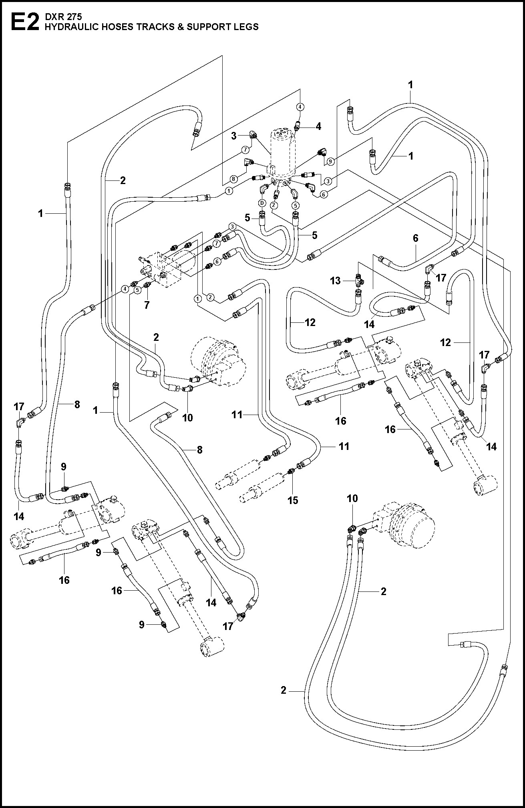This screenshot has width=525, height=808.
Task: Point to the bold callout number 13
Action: click(336, 281)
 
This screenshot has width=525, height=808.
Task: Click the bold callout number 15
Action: click(293, 500)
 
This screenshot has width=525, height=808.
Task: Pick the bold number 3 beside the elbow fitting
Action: click(234, 136)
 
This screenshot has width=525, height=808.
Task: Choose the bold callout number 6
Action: click(416, 238)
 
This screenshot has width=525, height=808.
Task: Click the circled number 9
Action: click(330, 162)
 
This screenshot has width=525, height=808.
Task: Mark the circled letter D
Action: click(261, 203)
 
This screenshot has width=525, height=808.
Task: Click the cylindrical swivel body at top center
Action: click(283, 154)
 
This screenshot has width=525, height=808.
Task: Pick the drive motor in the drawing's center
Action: click(218, 362)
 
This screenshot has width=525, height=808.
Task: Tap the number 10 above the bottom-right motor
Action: click(352, 498)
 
